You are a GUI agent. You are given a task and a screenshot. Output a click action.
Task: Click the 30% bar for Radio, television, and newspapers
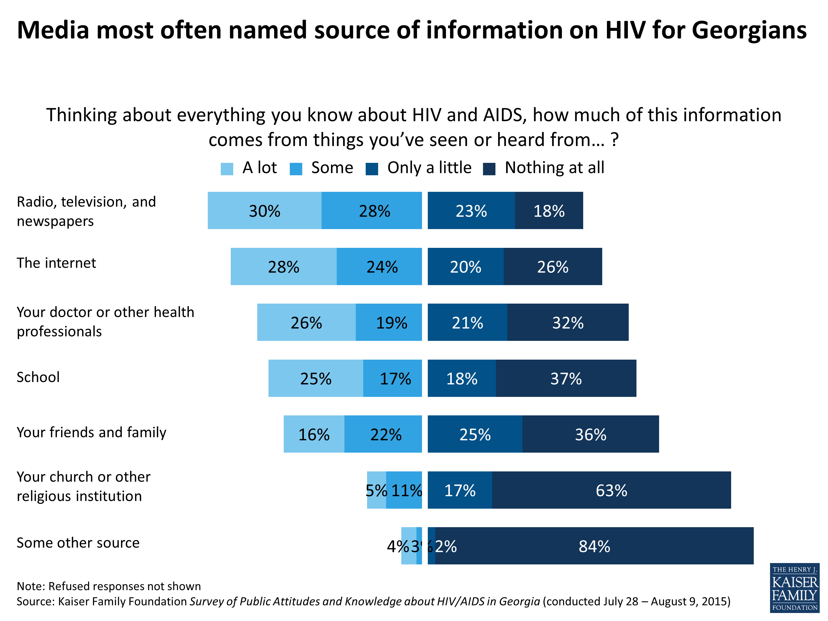(x=264, y=210)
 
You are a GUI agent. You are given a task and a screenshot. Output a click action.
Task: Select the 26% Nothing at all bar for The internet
(x=553, y=267)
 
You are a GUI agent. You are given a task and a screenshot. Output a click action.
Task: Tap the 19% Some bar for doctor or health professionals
(x=389, y=322)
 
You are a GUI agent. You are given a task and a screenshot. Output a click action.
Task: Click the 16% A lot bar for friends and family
(x=314, y=434)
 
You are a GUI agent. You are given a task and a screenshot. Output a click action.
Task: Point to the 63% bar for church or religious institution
(x=611, y=490)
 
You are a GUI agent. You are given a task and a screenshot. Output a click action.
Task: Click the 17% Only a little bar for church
(x=460, y=490)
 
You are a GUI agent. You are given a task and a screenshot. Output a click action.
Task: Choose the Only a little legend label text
(x=429, y=168)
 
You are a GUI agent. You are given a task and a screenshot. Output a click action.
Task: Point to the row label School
(x=38, y=377)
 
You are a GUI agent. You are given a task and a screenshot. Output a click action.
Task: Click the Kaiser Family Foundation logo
(x=794, y=588)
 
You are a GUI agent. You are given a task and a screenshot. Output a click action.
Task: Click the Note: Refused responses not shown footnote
(x=108, y=586)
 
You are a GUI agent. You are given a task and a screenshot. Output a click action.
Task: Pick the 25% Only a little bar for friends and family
(x=475, y=434)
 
